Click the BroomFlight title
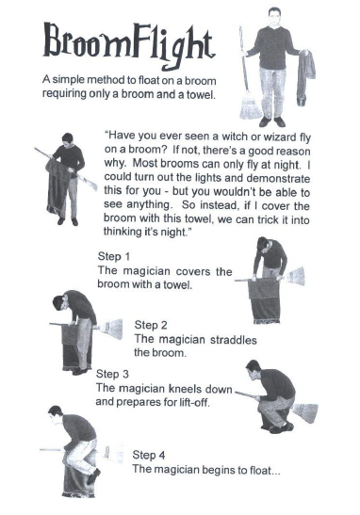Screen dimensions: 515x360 [x=128, y=41]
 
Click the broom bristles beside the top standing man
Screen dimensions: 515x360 [x=249, y=104]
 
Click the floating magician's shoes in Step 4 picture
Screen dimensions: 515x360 [x=93, y=475]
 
